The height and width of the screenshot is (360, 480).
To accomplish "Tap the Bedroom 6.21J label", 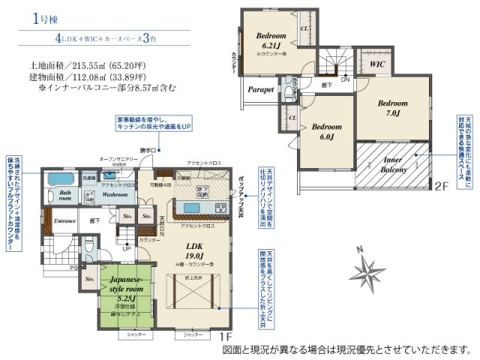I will point(271,40).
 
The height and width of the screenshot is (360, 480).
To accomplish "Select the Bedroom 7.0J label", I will point(392,107).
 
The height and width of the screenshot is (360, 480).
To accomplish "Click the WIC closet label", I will point(377,64).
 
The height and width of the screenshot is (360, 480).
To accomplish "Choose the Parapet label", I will point(260,89).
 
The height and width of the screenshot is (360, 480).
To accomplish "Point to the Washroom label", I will point(115,193).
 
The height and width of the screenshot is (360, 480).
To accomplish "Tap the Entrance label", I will point(64,220).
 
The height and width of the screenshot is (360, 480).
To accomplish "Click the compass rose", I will point(365,268).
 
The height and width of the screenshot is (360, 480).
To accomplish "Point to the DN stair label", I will point(344,79).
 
